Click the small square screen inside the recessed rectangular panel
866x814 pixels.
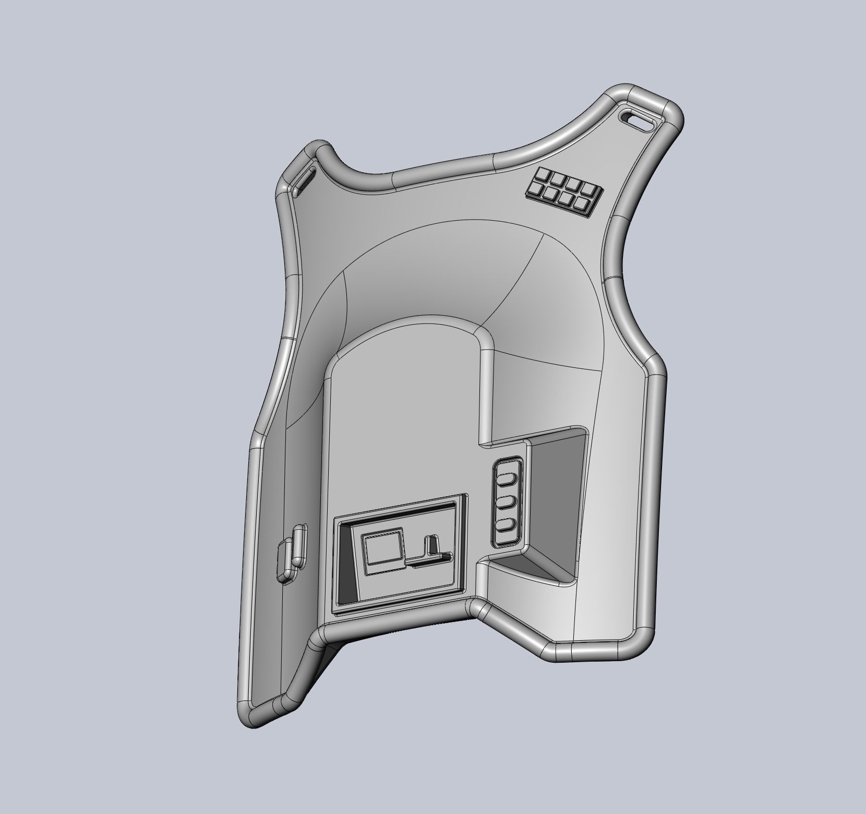384,548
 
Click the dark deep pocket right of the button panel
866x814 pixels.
556,496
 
